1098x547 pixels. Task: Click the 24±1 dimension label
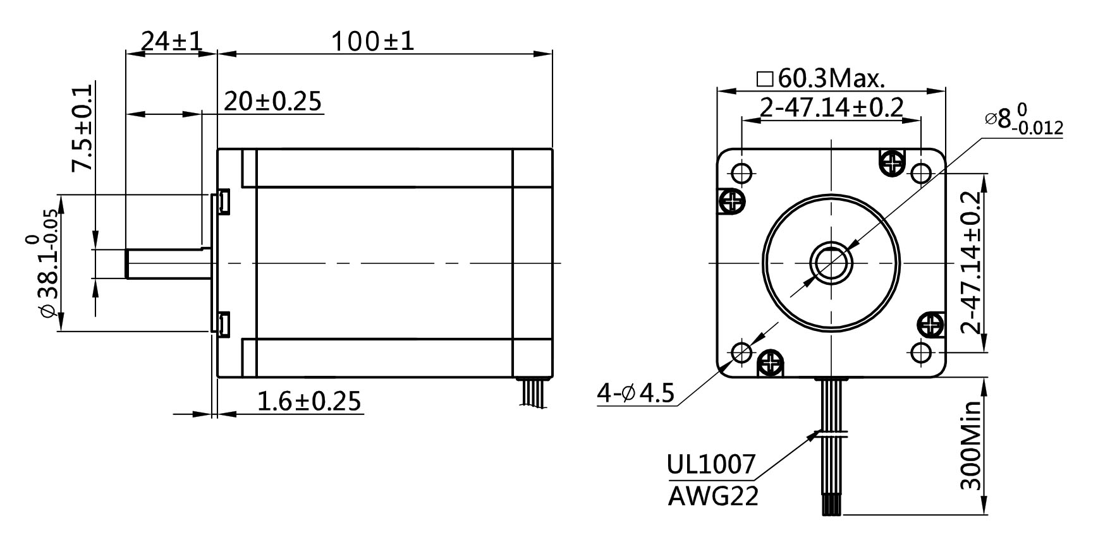(x=171, y=42)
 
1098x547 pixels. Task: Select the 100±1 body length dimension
(x=373, y=42)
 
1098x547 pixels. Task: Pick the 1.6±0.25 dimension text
(x=310, y=400)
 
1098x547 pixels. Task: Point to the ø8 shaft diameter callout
(x=1024, y=120)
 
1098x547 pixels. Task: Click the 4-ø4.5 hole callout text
(x=636, y=394)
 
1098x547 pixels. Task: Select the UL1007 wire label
(x=711, y=464)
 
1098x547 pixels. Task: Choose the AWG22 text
(x=713, y=496)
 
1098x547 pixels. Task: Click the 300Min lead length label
(x=970, y=445)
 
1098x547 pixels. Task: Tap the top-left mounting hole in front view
(x=741, y=172)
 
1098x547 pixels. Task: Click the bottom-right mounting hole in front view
(x=921, y=351)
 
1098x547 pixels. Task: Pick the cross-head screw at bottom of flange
(x=771, y=363)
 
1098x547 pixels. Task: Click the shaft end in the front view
(x=831, y=262)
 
